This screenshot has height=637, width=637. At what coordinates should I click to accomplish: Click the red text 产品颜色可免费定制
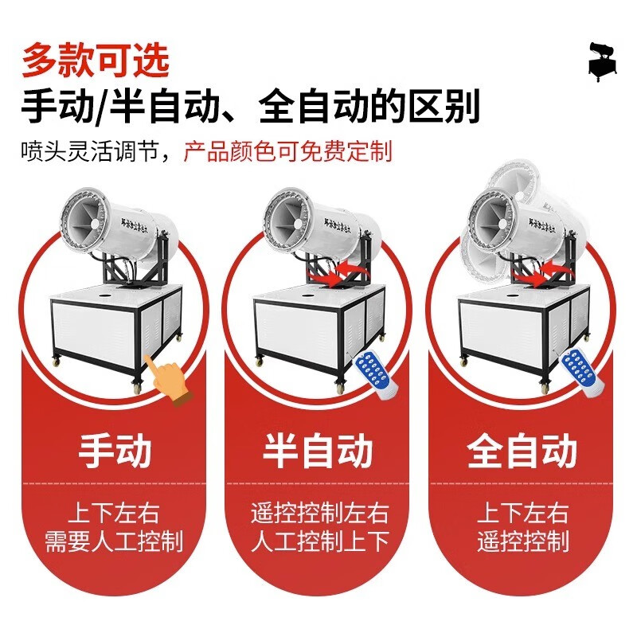click(x=287, y=151)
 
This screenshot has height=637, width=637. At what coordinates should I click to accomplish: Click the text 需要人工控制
click(x=115, y=541)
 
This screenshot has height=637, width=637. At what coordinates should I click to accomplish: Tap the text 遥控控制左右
click(x=318, y=512)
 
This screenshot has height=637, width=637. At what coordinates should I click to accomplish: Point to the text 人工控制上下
click(x=318, y=542)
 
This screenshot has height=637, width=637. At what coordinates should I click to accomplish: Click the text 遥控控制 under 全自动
click(x=522, y=542)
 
